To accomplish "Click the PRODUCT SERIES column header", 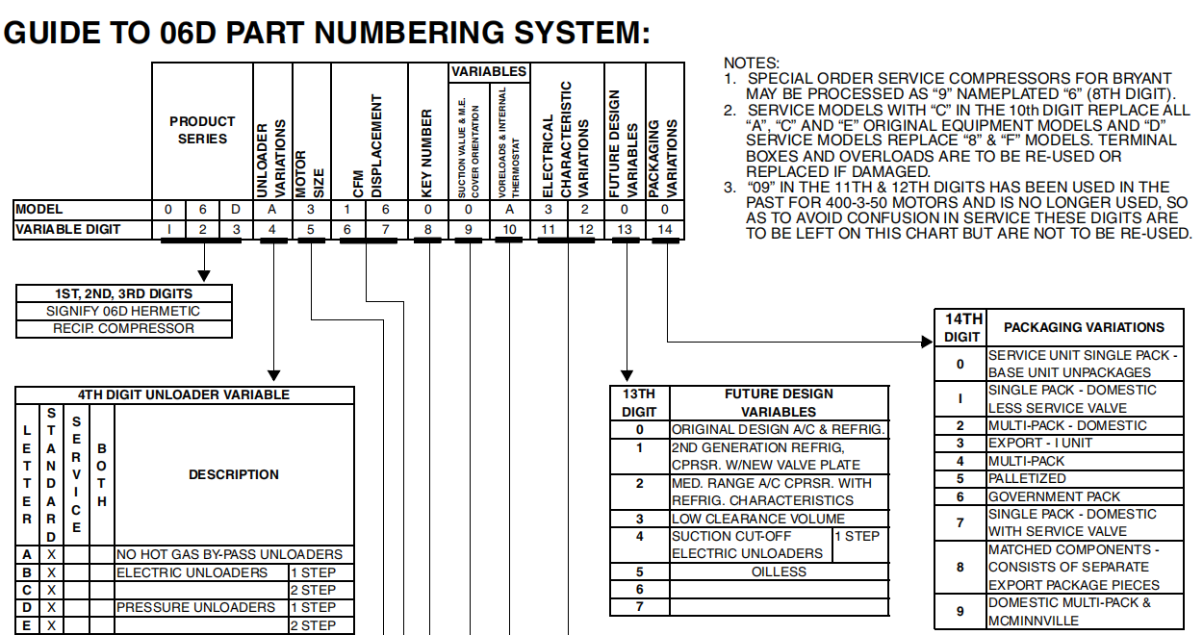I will click(202, 130).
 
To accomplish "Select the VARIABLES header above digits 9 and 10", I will click(489, 71).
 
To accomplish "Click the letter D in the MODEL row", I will click(236, 209).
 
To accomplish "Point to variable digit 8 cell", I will click(427, 229).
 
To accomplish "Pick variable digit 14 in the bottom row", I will click(664, 229).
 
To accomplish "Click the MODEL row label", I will click(39, 209).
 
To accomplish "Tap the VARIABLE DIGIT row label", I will click(67, 229).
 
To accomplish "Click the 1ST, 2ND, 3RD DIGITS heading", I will click(123, 293).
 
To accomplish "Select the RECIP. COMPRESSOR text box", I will click(123, 328).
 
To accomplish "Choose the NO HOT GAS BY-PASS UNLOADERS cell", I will click(229, 554).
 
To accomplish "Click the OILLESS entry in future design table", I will click(778, 571).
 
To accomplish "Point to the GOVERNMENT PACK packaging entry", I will click(1055, 496).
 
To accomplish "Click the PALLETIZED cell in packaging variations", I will click(1028, 478).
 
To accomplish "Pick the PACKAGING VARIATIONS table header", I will click(1084, 327).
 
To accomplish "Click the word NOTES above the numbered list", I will click(751, 63).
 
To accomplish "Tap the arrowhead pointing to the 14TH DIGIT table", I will click(928, 341).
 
